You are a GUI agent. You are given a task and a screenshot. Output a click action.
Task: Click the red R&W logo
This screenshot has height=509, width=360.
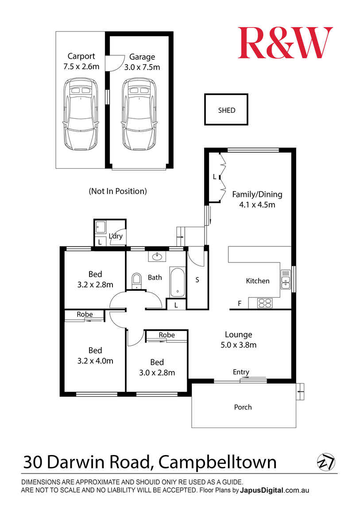[x=285, y=43]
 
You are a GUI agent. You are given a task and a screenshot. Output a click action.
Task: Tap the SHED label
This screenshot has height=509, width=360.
[x=227, y=110]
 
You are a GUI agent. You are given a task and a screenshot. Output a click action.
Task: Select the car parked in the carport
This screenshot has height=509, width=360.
[x=81, y=114]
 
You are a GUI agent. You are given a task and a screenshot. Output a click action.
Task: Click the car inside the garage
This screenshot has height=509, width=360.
[x=139, y=114]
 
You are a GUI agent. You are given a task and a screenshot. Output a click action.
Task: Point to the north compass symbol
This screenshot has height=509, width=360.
[x=326, y=462]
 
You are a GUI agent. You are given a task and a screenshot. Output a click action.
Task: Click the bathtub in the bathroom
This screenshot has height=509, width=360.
[x=177, y=282]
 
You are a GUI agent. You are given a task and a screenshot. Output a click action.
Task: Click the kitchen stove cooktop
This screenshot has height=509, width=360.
[x=265, y=303]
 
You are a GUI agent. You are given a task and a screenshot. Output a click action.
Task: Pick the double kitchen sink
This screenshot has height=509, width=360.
[x=286, y=279]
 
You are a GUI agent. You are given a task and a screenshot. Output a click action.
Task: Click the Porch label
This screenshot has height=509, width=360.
[x=243, y=407]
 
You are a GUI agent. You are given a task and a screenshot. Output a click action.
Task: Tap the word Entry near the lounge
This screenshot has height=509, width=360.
[x=241, y=372]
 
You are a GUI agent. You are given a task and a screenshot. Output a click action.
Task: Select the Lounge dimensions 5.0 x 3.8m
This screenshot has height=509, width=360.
[x=239, y=345]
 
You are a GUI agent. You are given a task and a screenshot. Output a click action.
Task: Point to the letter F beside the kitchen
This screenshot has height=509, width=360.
[x=240, y=304]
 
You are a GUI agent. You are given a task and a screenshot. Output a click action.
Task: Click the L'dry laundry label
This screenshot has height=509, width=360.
[x=116, y=236]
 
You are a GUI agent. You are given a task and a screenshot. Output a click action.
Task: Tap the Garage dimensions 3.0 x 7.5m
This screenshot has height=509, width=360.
[x=142, y=67]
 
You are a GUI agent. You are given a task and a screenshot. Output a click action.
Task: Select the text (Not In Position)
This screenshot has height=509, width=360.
[x=118, y=191]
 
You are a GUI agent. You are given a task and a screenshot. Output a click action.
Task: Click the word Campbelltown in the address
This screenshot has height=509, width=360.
[x=217, y=462]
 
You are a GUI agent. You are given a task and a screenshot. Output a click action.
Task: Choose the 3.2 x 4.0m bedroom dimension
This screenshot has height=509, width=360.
[x=95, y=361]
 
